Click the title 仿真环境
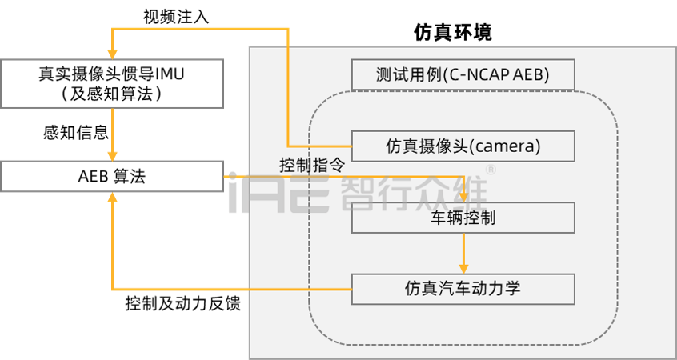452,32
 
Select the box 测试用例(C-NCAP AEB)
463,74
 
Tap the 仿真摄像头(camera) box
463,146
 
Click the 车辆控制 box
463,218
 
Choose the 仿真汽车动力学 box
463,289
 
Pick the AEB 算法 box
112,177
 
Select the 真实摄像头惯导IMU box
112,84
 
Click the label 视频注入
176,17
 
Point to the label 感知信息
75,133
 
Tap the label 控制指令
312,166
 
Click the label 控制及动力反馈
182,304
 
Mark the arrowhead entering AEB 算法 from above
112,156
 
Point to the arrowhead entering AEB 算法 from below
112,198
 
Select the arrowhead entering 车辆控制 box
463,197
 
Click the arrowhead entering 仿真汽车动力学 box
463,268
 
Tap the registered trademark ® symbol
491,170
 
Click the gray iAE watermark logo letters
279,193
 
